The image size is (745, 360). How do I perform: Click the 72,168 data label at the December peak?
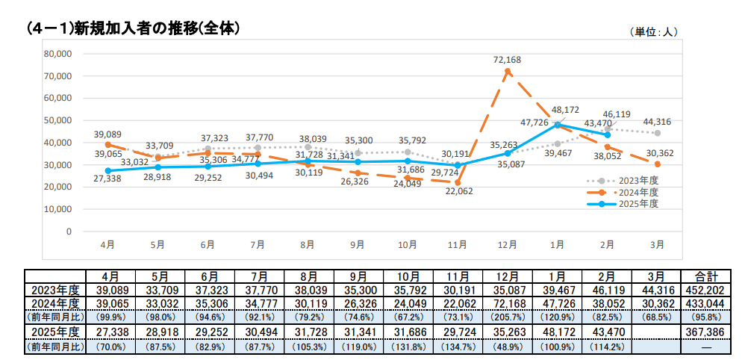click(x=508, y=59)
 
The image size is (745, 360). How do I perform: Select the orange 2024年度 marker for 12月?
click(x=508, y=72)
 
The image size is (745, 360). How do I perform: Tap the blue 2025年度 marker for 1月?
click(x=558, y=125)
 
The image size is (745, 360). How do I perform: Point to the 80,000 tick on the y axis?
click(x=57, y=54)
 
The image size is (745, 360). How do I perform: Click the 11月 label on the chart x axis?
click(x=457, y=244)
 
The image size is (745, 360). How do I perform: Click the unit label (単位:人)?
click(x=655, y=31)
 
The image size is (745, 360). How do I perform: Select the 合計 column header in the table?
click(x=705, y=276)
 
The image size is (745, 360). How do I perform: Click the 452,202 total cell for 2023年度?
click(x=705, y=290)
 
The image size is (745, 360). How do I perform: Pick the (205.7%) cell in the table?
click(x=507, y=317)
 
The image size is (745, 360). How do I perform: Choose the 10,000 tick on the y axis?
click(x=57, y=209)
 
